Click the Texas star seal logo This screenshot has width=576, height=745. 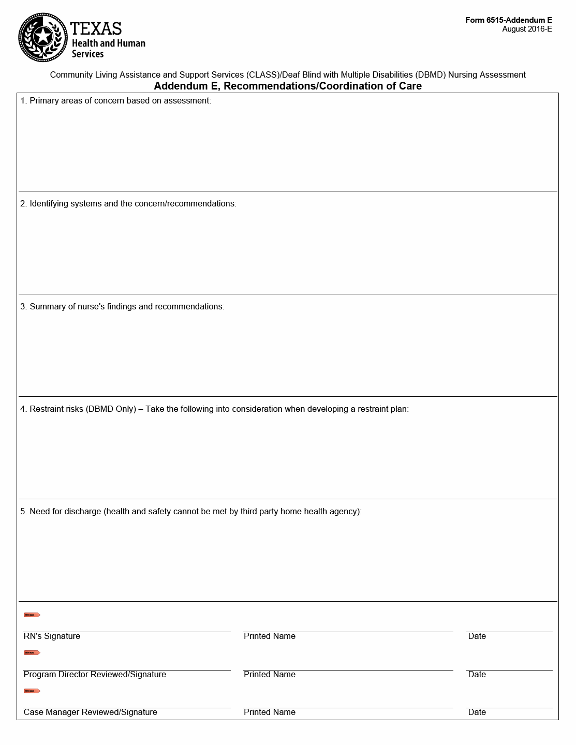click(x=43, y=37)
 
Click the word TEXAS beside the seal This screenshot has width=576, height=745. click(x=96, y=28)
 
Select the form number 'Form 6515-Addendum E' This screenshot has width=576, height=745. click(x=508, y=20)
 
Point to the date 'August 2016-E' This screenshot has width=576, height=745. click(x=527, y=29)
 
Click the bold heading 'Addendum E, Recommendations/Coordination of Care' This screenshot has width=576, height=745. click(x=288, y=86)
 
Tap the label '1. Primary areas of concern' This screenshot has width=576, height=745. click(x=115, y=100)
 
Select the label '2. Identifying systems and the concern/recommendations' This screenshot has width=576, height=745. click(x=128, y=203)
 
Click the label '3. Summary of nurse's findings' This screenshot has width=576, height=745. click(x=122, y=306)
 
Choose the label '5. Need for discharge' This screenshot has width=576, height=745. click(x=191, y=511)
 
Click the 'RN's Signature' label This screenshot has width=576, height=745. click(x=52, y=636)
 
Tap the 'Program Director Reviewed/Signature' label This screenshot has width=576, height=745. click(x=95, y=674)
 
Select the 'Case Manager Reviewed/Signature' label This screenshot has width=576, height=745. click(x=90, y=712)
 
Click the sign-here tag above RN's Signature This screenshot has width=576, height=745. click(x=32, y=615)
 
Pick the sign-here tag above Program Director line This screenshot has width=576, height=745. click(x=32, y=653)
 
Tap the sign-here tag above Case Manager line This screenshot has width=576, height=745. click(x=32, y=691)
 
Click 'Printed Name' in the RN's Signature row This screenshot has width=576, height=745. click(x=269, y=636)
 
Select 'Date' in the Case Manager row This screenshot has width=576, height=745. click(x=477, y=712)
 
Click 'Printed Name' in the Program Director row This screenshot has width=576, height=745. click(x=269, y=674)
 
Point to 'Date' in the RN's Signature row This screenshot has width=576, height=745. click(x=477, y=636)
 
